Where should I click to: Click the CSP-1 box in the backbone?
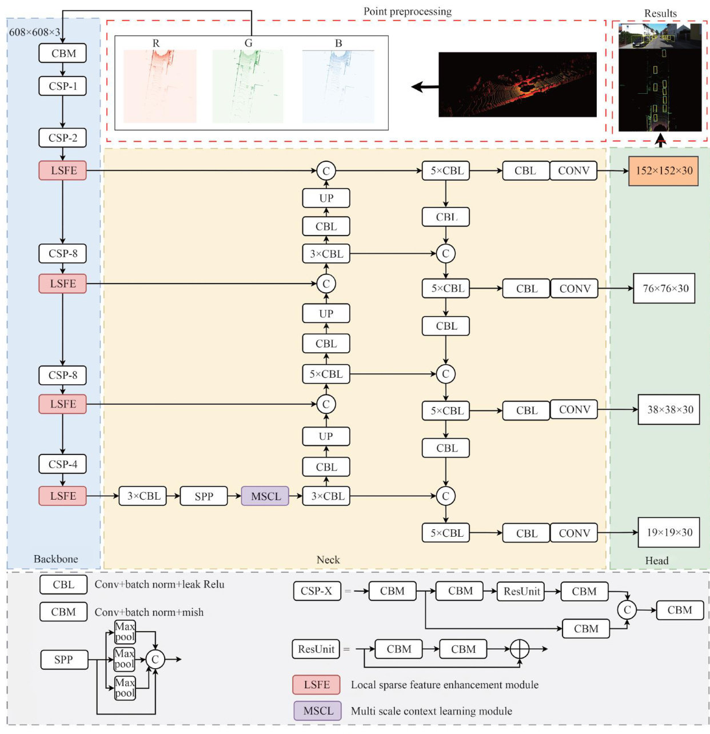(63, 86)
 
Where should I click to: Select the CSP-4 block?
(63, 464)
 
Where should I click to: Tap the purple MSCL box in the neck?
(265, 496)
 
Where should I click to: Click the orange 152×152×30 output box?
(663, 171)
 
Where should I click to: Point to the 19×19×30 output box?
(669, 533)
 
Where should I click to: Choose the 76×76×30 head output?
(665, 289)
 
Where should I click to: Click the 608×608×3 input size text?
(34, 33)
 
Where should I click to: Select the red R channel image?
(160, 86)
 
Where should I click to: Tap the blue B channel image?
(338, 86)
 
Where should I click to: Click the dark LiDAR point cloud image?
(517, 85)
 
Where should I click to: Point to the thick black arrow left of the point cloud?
(425, 87)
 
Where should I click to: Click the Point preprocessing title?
(407, 11)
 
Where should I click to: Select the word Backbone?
(55, 559)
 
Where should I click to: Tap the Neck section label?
(328, 560)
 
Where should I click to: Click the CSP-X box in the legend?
(316, 591)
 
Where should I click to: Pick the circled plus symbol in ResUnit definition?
(519, 649)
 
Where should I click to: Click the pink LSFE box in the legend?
(316, 685)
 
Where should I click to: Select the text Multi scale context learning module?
(431, 711)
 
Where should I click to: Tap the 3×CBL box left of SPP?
(143, 496)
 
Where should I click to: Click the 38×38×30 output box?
(669, 410)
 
